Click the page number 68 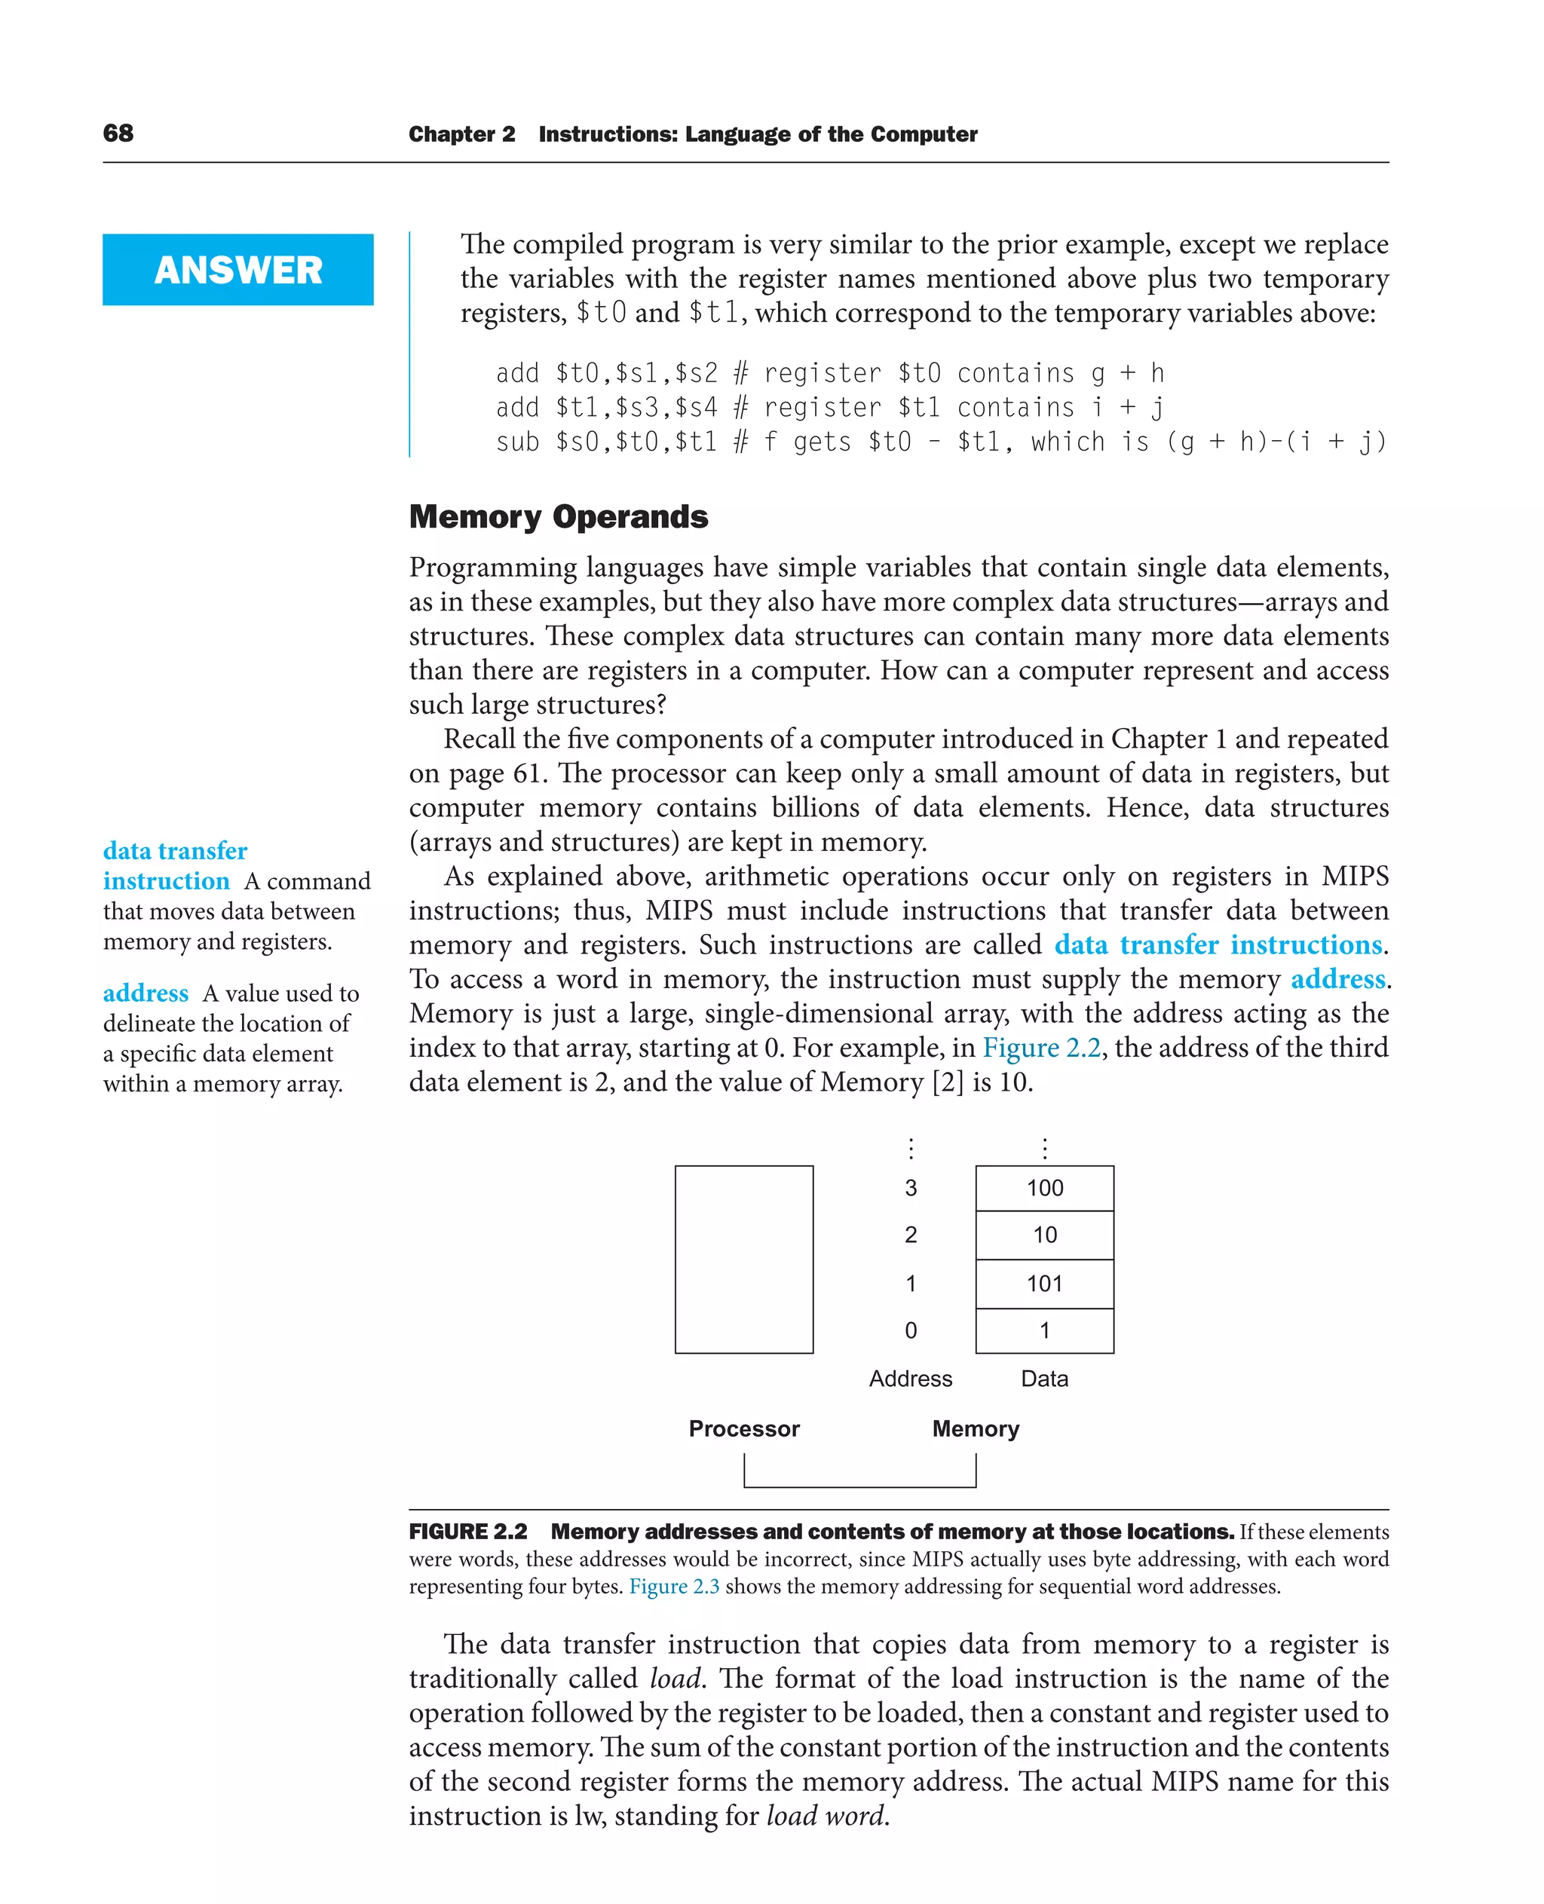point(118,133)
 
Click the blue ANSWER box point(237,269)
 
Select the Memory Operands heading point(558,516)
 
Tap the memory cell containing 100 point(1044,1188)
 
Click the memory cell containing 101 point(1044,1283)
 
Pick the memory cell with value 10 point(1044,1235)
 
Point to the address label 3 point(911,1188)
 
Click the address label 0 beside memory point(911,1330)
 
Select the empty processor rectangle point(743,1260)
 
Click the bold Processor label point(743,1428)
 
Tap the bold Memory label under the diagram point(976,1428)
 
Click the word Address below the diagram point(910,1379)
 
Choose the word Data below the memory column point(1044,1379)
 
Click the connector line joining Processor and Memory point(859,1486)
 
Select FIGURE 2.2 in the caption point(468,1532)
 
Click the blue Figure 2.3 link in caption point(674,1587)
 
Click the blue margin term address point(146,993)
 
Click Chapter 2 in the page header point(461,134)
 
